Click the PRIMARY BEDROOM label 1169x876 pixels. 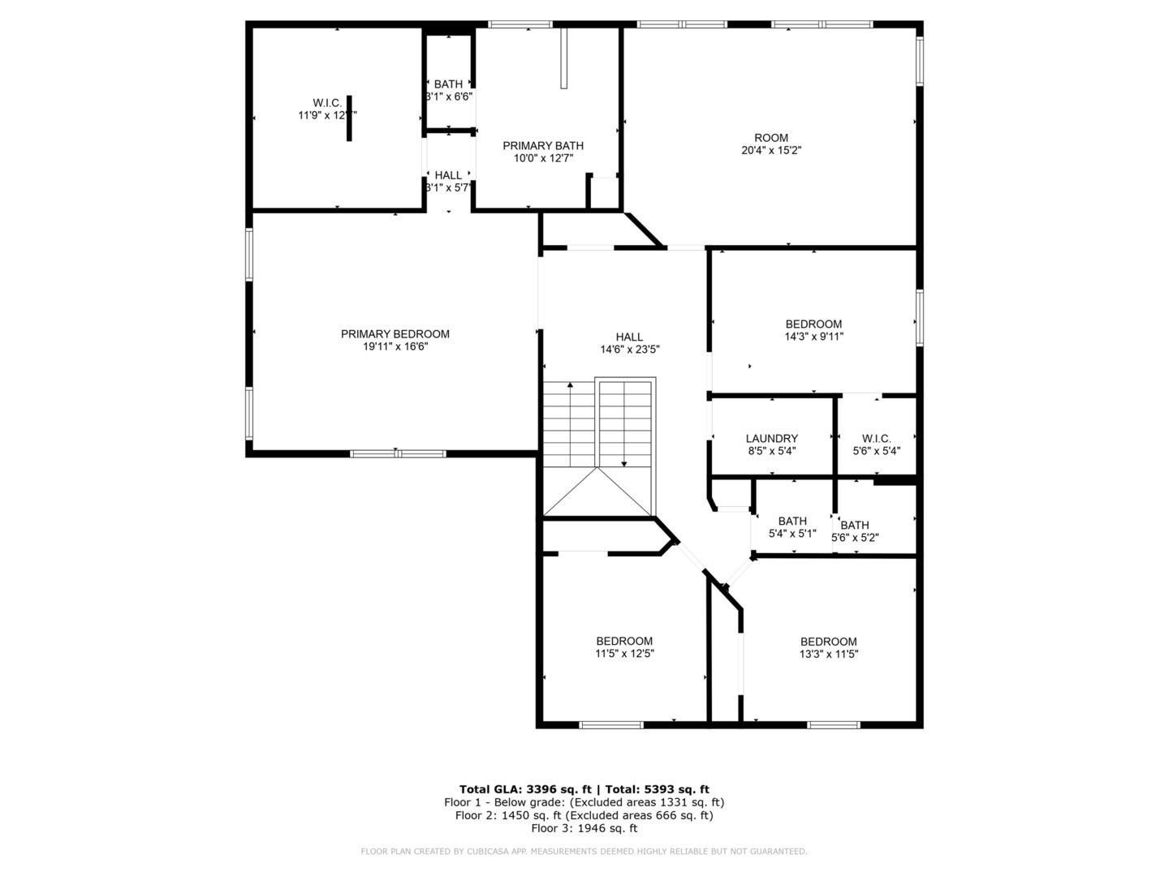pyautogui.click(x=395, y=334)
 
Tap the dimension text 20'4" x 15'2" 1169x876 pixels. pyautogui.click(x=771, y=150)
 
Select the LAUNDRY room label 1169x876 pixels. pyautogui.click(x=771, y=439)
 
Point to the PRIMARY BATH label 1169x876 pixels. pyautogui.click(x=543, y=146)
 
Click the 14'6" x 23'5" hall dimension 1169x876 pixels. pyautogui.click(x=629, y=350)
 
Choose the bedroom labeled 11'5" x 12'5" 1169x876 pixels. pyautogui.click(x=624, y=647)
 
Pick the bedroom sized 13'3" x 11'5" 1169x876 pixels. pyautogui.click(x=828, y=647)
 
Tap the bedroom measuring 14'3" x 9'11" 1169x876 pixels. pyautogui.click(x=813, y=330)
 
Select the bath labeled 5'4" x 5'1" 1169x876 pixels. pyautogui.click(x=792, y=527)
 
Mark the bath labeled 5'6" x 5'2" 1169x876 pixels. pyautogui.click(x=855, y=531)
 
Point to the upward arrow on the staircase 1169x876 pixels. pyautogui.click(x=570, y=388)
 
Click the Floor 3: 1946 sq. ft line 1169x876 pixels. pyautogui.click(x=584, y=828)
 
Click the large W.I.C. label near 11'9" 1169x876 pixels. pyautogui.click(x=327, y=103)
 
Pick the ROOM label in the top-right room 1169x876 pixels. pyautogui.click(x=771, y=138)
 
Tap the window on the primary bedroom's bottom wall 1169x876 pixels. pyautogui.click(x=398, y=453)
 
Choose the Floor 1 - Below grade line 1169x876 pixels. pyautogui.click(x=584, y=802)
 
